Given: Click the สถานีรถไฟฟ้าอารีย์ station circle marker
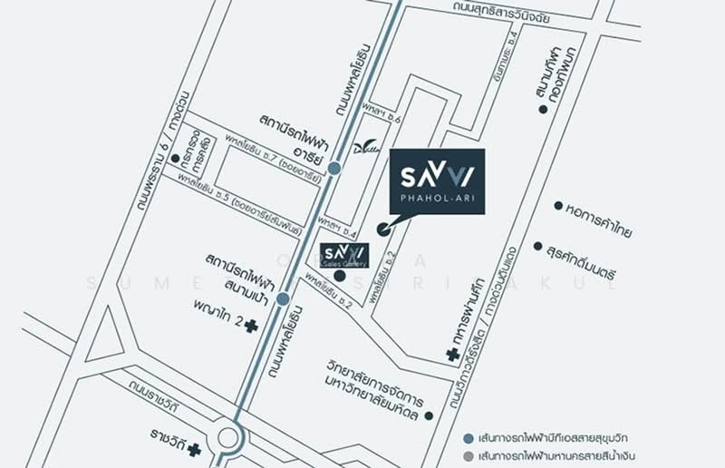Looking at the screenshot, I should [x=334, y=168].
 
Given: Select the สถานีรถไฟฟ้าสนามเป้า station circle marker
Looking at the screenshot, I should [x=283, y=298].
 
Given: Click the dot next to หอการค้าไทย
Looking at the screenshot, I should [x=558, y=206].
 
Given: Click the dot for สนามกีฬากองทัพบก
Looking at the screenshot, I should [x=543, y=109].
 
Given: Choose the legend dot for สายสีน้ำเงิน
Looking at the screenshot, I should [x=468, y=455].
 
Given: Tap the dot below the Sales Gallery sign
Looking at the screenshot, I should [x=340, y=275].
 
